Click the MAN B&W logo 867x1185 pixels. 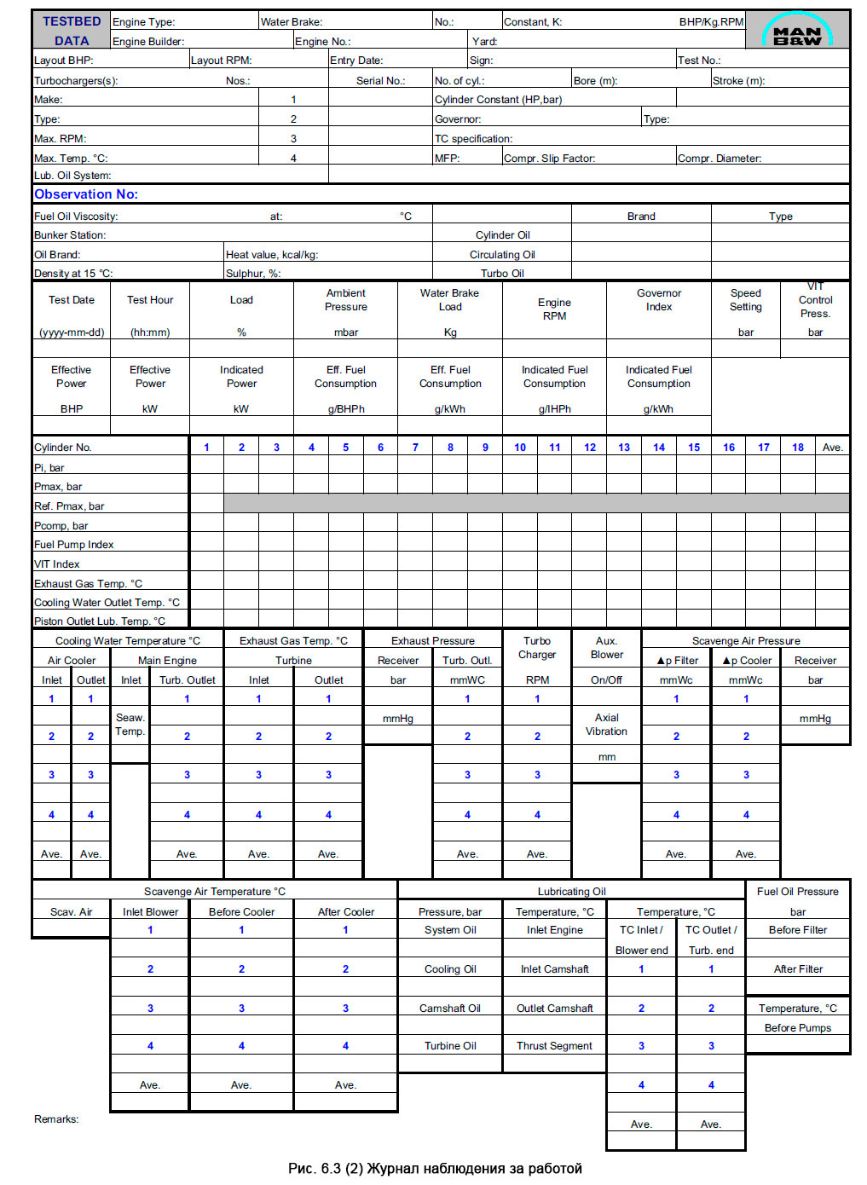pos(797,31)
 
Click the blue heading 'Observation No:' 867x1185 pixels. pos(86,194)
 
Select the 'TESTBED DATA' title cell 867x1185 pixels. pos(72,31)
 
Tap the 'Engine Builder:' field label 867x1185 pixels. pos(148,41)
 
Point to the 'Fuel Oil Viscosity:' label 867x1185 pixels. pos(76,217)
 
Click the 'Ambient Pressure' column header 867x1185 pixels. pos(346,300)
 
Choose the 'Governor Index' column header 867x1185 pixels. pos(659,300)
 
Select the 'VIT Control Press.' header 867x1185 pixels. pos(815,300)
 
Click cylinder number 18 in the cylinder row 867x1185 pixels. pos(798,448)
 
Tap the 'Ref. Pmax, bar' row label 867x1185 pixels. pos(69,506)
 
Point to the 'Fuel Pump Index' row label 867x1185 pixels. pos(74,545)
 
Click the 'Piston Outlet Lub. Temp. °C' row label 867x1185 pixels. pos(100,621)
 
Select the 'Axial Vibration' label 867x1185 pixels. pos(606,725)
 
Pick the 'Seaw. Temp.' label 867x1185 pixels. pos(130,725)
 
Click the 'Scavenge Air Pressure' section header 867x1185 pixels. pos(746,641)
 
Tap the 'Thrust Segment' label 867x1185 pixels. pos(554,1046)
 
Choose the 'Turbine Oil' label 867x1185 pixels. pos(450,1046)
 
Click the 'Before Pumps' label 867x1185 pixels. pos(798,1028)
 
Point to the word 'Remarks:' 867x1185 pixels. pos(56,1119)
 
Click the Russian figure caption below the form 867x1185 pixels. pos(435,1169)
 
